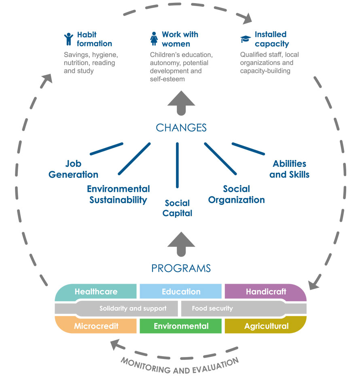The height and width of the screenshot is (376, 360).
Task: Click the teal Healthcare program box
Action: tap(96, 291)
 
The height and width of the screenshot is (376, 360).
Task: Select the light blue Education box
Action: tap(181, 291)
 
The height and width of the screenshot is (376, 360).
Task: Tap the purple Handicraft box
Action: tap(265, 291)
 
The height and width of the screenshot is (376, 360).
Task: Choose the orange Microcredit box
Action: tap(96, 326)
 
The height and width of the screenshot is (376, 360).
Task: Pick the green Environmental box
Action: tap(181, 326)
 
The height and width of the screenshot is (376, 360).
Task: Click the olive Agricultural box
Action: tap(265, 326)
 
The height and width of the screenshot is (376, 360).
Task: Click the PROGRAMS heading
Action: tap(181, 268)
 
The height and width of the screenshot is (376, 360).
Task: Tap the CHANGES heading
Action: tap(181, 128)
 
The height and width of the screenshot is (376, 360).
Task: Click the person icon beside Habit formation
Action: tap(68, 39)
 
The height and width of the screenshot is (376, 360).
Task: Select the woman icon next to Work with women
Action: tap(154, 38)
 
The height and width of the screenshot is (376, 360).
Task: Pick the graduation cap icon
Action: tap(246, 39)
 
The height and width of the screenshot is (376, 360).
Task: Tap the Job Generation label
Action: tap(73, 169)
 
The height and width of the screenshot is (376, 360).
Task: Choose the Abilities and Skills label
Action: tap(289, 169)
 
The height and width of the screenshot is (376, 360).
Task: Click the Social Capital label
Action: tap(177, 208)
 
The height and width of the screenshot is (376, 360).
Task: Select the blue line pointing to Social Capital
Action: tap(177, 165)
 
